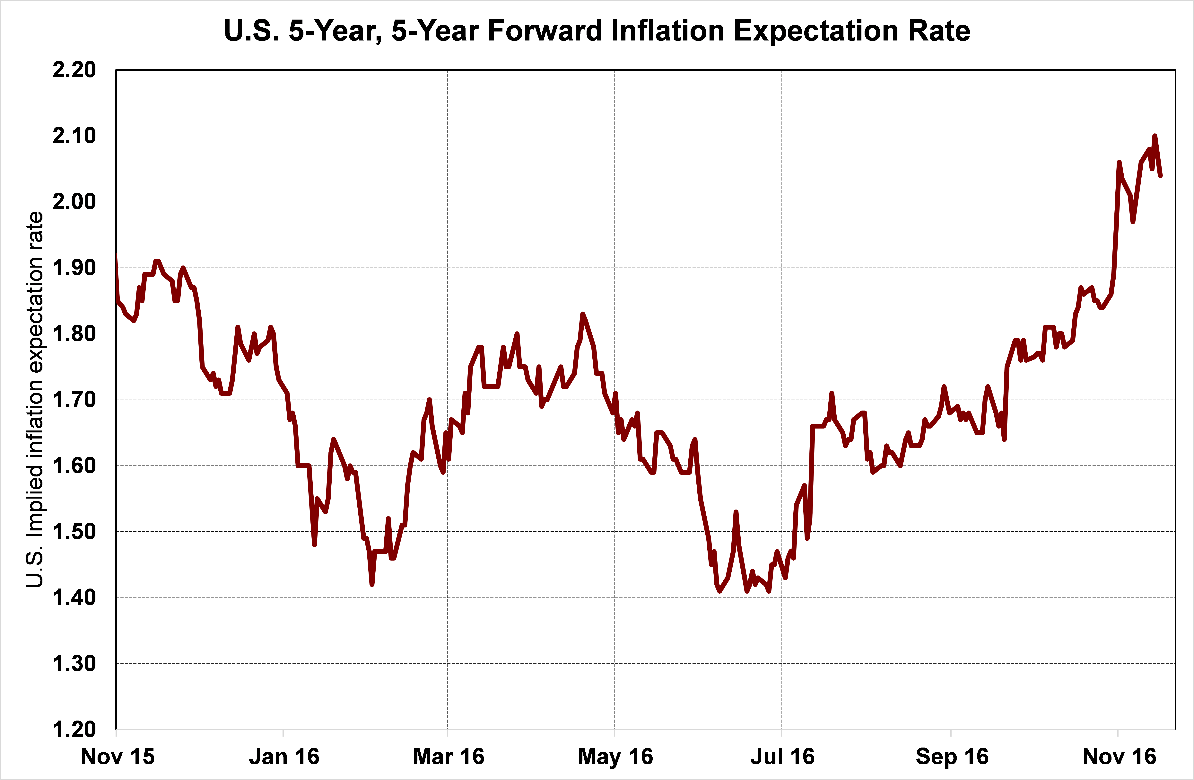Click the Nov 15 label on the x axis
click(118, 756)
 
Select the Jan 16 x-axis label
click(284, 756)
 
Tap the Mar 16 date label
click(449, 756)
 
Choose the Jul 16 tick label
click(782, 756)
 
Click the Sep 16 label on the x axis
click(952, 756)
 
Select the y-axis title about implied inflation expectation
click(35, 399)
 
